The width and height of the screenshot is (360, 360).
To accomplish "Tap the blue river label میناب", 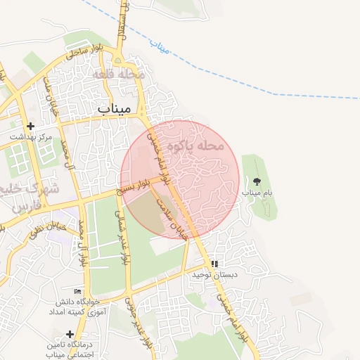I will click(161, 48).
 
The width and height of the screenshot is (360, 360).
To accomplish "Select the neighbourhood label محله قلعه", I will click(118, 74).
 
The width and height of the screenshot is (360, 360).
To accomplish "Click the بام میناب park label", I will click(257, 192).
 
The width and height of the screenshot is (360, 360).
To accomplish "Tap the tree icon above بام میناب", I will click(255, 182).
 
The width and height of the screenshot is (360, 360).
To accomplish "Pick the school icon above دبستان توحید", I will click(214, 264).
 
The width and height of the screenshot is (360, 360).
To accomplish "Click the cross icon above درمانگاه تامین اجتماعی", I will click(69, 334).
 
